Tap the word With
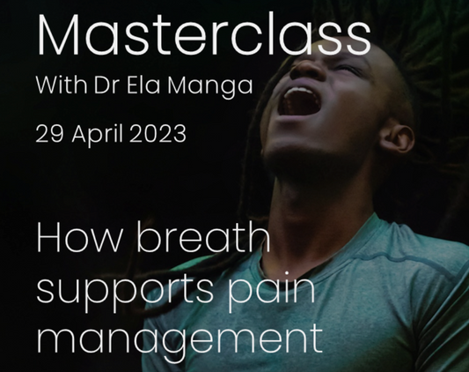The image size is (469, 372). [x=57, y=88]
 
